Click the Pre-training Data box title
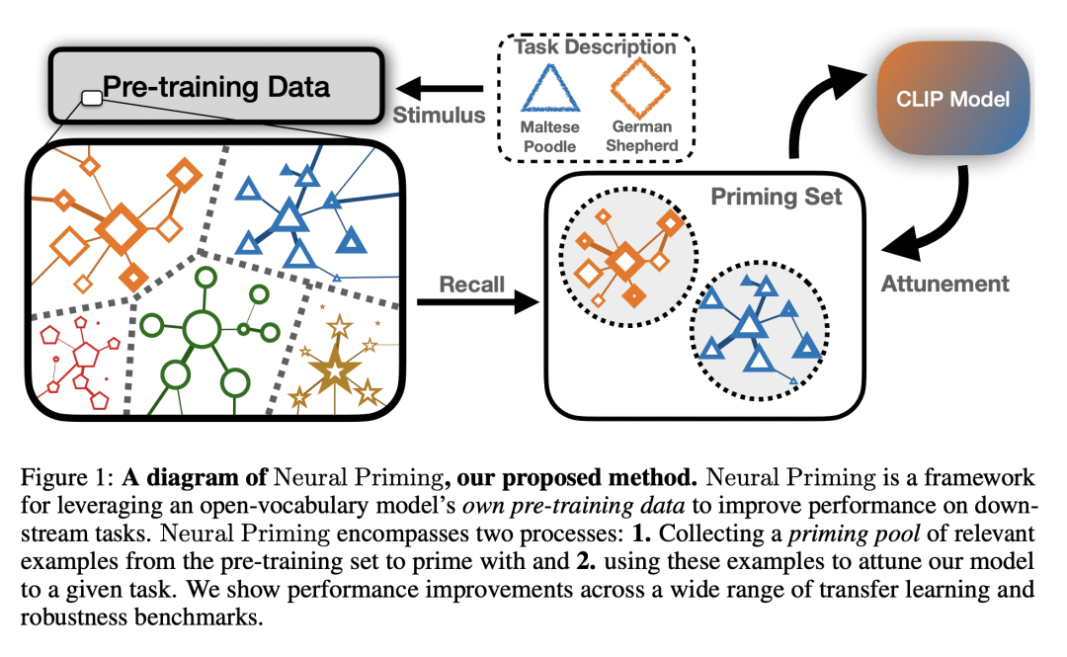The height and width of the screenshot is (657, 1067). pos(217,86)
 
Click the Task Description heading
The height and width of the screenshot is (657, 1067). pos(595,46)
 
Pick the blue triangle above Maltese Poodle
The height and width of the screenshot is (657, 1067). pos(550,86)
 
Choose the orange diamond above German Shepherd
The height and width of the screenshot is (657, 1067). pos(644,86)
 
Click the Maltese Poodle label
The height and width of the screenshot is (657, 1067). pos(550,136)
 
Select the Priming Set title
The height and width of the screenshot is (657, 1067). pos(777,197)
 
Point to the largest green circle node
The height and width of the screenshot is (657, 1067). pos(202,328)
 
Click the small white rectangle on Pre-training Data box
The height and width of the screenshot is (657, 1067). pos(92,97)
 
